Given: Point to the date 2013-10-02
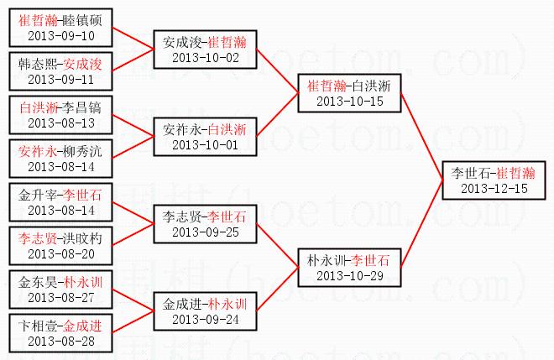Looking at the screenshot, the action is pyautogui.click(x=206, y=57).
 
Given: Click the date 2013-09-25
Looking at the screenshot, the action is pyautogui.click(x=206, y=232).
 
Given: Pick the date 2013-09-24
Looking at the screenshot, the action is pyautogui.click(x=206, y=319).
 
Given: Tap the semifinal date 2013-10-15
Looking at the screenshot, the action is pyautogui.click(x=350, y=101).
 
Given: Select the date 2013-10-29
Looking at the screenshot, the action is pyautogui.click(x=350, y=275).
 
